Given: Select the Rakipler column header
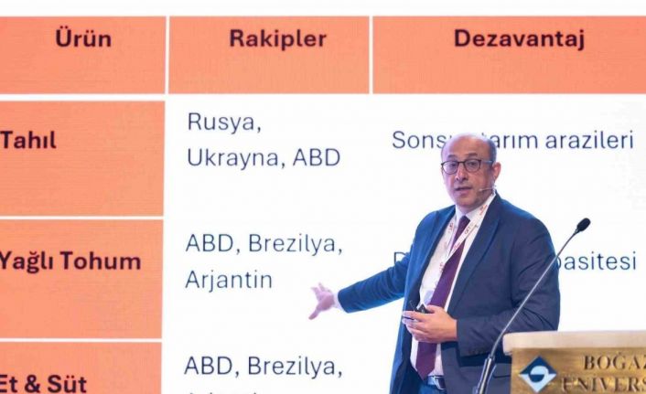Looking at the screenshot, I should (x=277, y=39).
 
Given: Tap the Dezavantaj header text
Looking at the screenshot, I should (x=519, y=39).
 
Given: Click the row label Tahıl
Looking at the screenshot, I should (x=28, y=141).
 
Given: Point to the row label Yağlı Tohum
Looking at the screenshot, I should (x=70, y=261).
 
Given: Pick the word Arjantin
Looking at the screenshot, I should (x=229, y=280).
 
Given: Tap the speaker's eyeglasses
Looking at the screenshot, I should (x=467, y=165).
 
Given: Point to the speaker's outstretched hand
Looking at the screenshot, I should (x=322, y=300).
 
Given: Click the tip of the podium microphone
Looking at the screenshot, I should (x=582, y=224).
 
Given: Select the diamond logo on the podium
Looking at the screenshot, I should (x=536, y=373).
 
